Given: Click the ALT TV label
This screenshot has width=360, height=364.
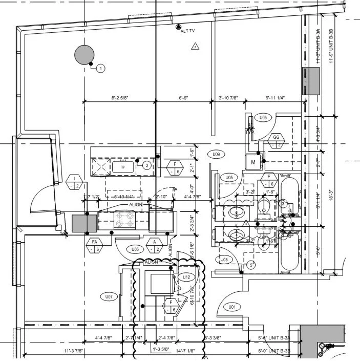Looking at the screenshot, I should [188, 31].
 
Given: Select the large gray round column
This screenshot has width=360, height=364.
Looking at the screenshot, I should [84, 55].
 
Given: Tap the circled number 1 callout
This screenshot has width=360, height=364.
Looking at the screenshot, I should [101, 68].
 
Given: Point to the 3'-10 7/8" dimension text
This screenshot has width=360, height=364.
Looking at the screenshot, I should [229, 97].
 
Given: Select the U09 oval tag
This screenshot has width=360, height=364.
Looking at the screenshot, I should [216, 154].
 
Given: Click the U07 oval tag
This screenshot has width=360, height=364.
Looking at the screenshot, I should [109, 296].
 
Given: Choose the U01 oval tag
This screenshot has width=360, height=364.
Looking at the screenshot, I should [231, 307].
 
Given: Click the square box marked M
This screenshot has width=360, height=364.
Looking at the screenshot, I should [253, 162].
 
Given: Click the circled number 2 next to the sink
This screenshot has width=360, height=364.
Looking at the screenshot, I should [146, 165].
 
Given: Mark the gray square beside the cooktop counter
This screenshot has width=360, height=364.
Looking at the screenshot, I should [84, 224].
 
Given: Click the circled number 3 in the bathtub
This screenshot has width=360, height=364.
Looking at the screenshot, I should [283, 204].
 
